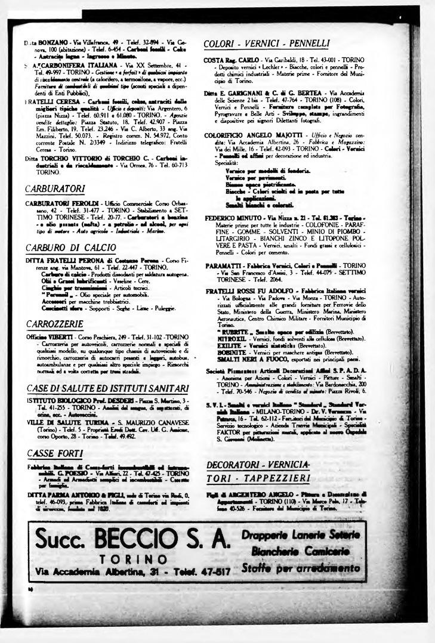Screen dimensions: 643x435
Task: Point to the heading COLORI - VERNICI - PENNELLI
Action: pyautogui.click(x=266, y=44)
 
